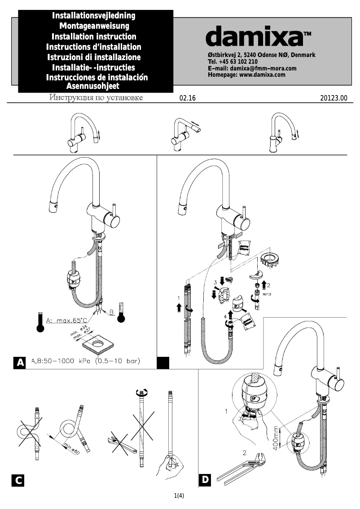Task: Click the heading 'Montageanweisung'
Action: point(94,26)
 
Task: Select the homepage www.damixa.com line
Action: point(246,75)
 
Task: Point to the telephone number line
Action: point(233,61)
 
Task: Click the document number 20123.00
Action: point(334,98)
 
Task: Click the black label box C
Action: point(18,481)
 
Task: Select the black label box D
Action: point(205,480)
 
